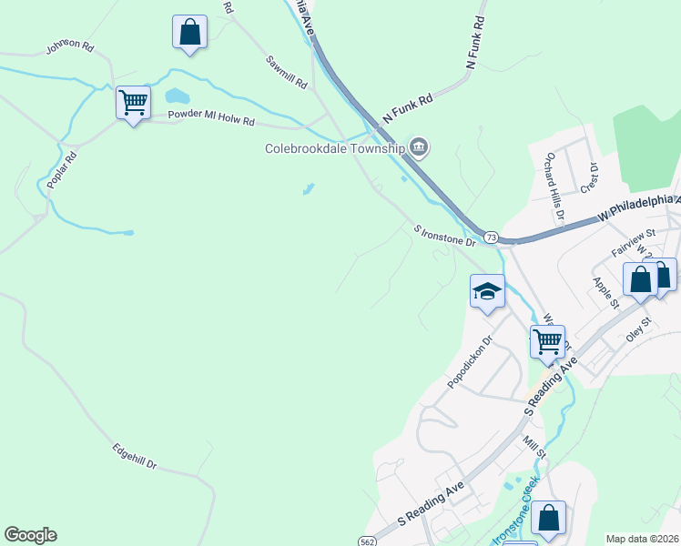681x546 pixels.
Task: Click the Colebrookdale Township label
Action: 334,148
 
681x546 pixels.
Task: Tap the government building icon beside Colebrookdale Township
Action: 419,146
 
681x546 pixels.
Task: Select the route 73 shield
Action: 491,237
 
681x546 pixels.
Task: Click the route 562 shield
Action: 366,541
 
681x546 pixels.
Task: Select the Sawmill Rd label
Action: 287,72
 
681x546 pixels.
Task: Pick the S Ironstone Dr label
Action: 444,236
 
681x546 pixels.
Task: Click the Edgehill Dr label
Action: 135,456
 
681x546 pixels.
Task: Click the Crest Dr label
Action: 588,177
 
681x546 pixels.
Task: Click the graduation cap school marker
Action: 487,291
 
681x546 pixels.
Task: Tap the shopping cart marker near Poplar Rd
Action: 133,102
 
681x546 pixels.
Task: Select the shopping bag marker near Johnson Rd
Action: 189,32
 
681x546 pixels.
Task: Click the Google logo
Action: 30,535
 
